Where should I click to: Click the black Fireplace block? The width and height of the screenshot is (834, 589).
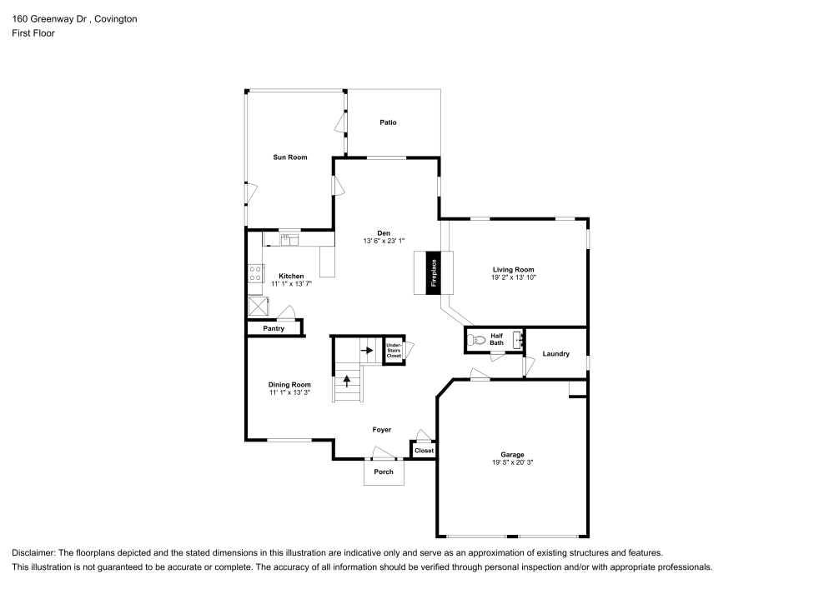(x=433, y=272)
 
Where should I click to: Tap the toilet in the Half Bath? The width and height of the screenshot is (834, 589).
(x=476, y=339)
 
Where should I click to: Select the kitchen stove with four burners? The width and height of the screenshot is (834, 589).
(x=255, y=274)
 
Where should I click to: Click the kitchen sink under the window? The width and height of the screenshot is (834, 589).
(x=289, y=240)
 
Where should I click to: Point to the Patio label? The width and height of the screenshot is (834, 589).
(x=388, y=122)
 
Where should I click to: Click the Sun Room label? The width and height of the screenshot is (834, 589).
(x=290, y=157)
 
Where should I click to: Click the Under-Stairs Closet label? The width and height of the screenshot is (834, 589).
(x=394, y=350)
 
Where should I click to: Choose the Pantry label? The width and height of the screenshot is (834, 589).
(x=274, y=328)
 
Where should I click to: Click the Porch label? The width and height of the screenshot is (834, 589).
(x=384, y=472)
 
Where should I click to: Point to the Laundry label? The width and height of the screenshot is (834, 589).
(x=555, y=354)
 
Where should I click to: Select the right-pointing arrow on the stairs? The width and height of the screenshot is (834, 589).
(x=367, y=350)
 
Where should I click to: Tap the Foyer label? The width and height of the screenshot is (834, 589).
(x=382, y=430)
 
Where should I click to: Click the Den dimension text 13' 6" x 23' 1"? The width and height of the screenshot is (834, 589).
(x=384, y=241)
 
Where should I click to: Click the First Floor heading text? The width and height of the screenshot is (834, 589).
(x=33, y=33)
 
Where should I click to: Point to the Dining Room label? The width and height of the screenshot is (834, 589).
(x=289, y=385)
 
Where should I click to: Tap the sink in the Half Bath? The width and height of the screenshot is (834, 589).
(x=517, y=338)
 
